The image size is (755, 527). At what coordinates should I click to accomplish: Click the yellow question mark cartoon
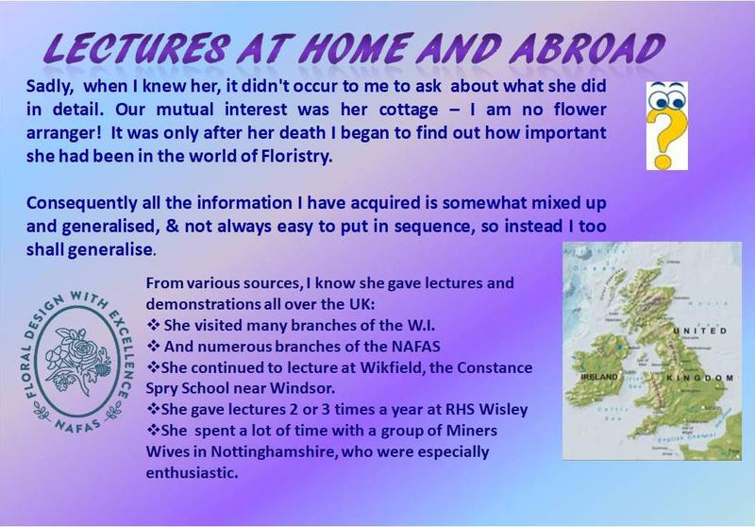667,126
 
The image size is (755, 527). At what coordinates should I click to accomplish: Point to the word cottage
409,110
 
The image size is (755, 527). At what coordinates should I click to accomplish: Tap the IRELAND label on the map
599,377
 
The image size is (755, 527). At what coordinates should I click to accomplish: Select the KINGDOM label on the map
700,378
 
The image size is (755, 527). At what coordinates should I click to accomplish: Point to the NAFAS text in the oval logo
77,425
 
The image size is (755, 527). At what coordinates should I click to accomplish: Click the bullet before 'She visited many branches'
153,325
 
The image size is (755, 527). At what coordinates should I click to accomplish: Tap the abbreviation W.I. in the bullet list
421,326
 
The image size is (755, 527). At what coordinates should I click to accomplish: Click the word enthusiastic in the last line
193,472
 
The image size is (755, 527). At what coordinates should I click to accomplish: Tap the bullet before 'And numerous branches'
153,347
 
